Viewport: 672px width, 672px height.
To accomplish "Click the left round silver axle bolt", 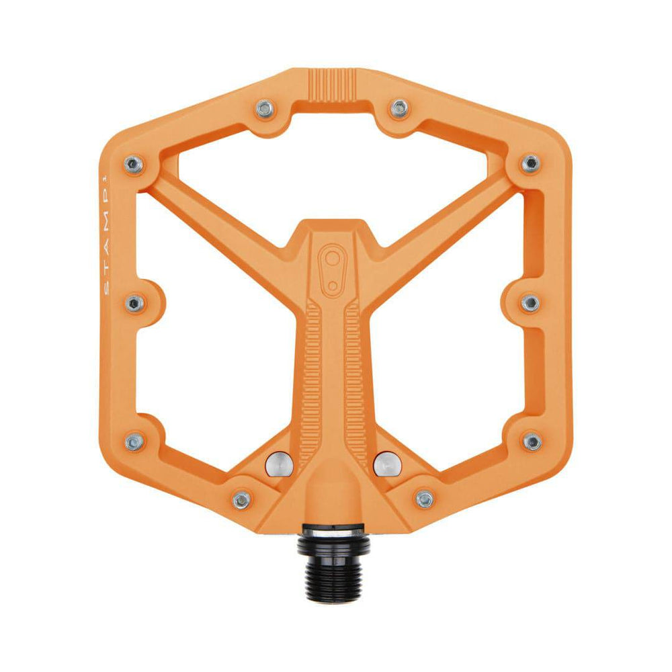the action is coord(279,464).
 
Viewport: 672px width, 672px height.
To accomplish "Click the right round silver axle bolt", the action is coord(387,464).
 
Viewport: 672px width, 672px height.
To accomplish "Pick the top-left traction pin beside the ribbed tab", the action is coord(265,109).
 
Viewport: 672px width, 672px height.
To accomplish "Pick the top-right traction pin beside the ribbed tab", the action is coord(399,108).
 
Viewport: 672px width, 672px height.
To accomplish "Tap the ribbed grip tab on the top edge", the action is coord(333,85).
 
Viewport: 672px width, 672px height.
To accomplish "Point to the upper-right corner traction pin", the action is coord(531,163).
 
